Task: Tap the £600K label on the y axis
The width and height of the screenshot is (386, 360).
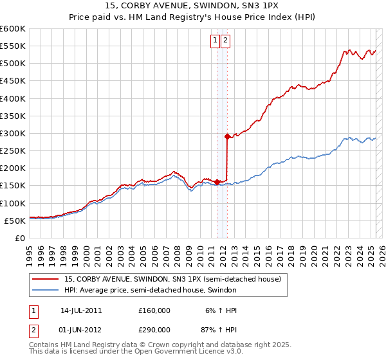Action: [x=13, y=29]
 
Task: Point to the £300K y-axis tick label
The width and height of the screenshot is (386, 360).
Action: [x=13, y=133]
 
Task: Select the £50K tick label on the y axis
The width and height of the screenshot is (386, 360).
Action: [x=15, y=221]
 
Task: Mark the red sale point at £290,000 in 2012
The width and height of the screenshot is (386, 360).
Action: [x=227, y=136]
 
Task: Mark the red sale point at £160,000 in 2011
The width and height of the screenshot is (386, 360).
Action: [x=217, y=181]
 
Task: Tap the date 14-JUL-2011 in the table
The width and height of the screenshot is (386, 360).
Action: [x=81, y=310]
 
